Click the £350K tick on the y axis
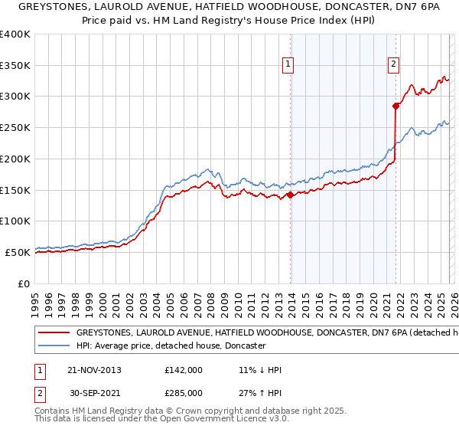15,66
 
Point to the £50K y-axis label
17,252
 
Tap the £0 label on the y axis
24,283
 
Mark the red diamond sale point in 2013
291,195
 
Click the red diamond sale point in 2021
396,106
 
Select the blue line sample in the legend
54,346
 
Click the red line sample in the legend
54,333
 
